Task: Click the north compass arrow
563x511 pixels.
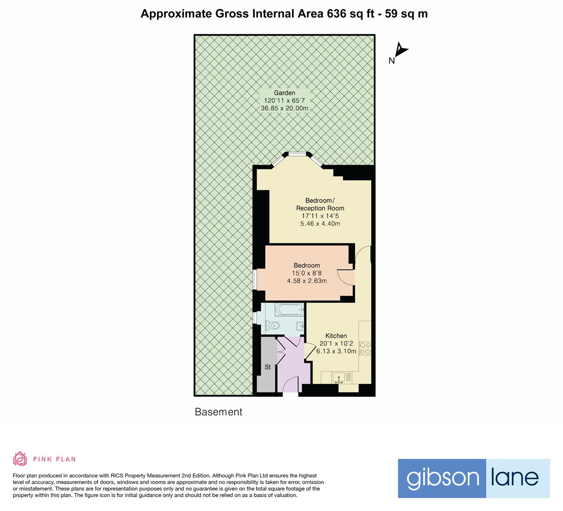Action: [x=401, y=50]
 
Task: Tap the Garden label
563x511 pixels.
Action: [x=285, y=93]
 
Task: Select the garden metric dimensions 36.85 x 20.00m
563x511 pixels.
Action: [x=285, y=108]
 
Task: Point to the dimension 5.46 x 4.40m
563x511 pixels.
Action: [x=320, y=224]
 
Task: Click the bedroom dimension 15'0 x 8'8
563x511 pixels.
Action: [x=307, y=273]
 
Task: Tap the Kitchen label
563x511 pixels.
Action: [x=336, y=336]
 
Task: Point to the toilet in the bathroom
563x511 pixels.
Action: [x=272, y=326]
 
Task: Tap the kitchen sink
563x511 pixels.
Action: [x=338, y=378]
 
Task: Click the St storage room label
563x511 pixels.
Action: [x=267, y=367]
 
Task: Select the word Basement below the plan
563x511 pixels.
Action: [x=218, y=412]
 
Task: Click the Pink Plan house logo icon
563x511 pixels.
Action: [x=20, y=458]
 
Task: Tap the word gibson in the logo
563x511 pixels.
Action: [x=442, y=478]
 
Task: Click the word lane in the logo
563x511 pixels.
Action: [x=518, y=478]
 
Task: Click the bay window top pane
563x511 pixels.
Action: [x=297, y=153]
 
